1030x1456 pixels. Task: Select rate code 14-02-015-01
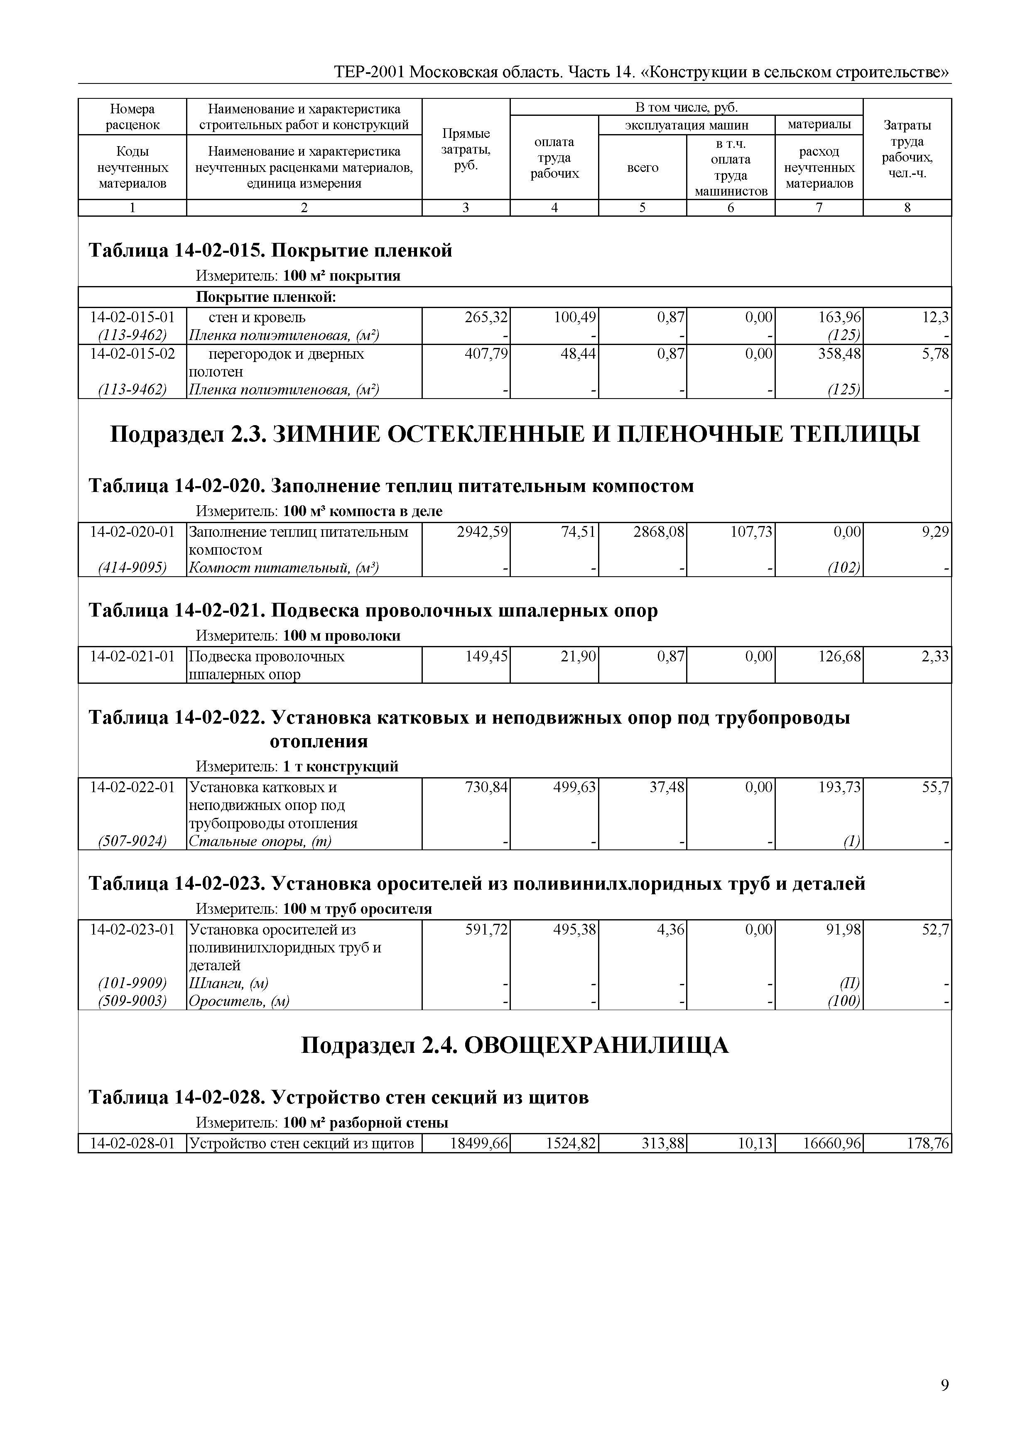pos(132,317)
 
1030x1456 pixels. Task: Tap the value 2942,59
pos(482,532)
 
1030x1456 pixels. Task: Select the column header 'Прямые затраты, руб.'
pos(466,149)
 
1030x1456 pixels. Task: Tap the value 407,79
pos(486,354)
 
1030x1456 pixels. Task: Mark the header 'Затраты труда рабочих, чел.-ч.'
pos(907,149)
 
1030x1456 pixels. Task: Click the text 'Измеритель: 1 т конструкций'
pos(297,766)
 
